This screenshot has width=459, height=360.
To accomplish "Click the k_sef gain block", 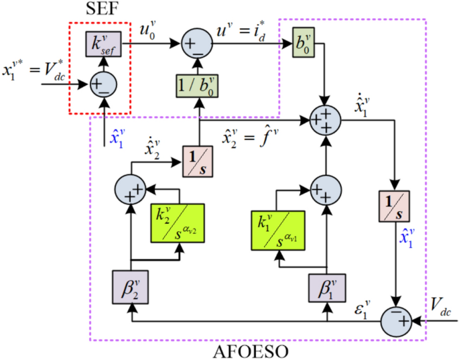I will click(x=99, y=44).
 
